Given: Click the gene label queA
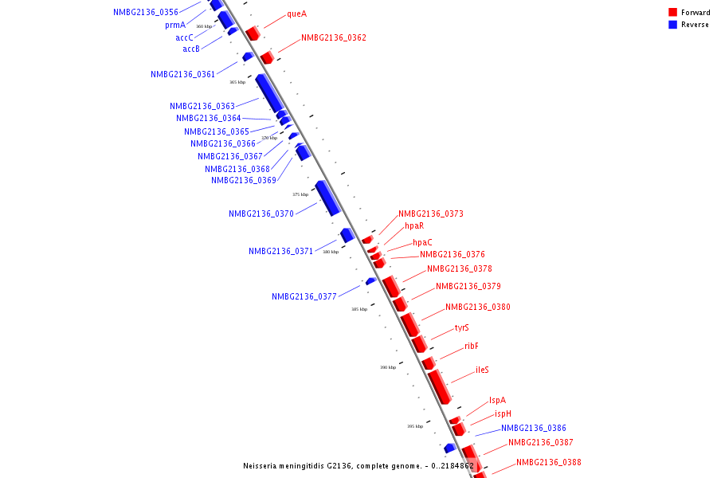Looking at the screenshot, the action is [x=296, y=14].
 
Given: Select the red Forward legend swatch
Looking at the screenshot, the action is [x=673, y=13].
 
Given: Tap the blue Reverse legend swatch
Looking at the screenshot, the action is [x=673, y=25].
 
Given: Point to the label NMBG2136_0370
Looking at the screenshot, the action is [x=261, y=214].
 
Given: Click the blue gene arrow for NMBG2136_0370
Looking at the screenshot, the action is [x=328, y=198].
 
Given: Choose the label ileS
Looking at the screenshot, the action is [x=482, y=370].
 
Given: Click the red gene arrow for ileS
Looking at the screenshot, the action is [x=439, y=386].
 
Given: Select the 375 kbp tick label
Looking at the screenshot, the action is [x=300, y=194].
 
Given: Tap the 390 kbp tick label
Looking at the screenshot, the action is [x=388, y=367].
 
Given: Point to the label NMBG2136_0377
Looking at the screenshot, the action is [x=304, y=296].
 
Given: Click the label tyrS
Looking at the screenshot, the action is [x=462, y=327].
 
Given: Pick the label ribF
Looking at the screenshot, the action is [x=472, y=346].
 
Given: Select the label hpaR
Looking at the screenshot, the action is [x=414, y=226].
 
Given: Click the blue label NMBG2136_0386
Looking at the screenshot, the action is [x=534, y=428].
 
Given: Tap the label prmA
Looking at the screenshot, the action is [x=175, y=25].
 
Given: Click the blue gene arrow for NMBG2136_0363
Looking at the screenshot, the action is [x=269, y=92].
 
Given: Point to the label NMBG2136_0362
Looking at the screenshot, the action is [x=334, y=37].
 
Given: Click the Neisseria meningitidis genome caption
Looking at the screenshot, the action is [x=358, y=465].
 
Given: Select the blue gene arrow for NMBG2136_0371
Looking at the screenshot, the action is [x=347, y=235].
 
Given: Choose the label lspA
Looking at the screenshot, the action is [x=497, y=400].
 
